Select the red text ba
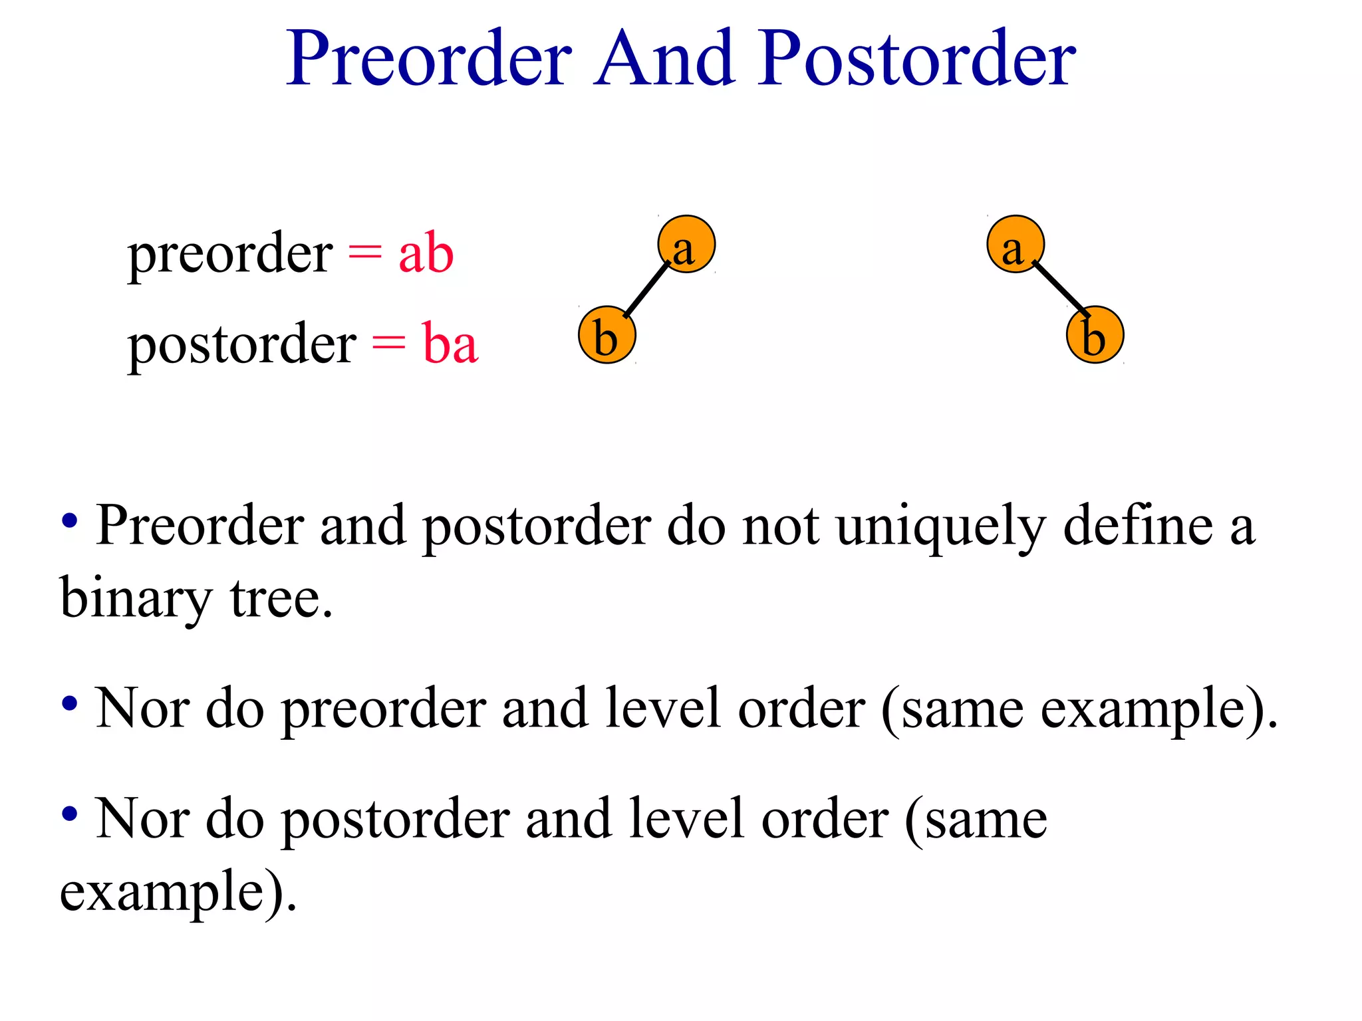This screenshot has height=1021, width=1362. [450, 344]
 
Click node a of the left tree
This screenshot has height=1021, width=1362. [686, 245]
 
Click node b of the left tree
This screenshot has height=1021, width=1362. [607, 335]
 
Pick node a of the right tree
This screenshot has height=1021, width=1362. [1016, 245]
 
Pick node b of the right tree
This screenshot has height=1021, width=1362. [1095, 335]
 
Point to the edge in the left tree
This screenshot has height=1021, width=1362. [647, 289]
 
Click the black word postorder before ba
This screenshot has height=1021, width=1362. [242, 345]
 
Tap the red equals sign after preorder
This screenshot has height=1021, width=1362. [365, 253]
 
